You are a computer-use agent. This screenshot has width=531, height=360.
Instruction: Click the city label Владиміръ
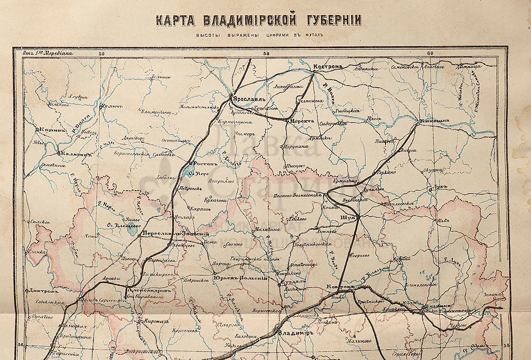(296, 333)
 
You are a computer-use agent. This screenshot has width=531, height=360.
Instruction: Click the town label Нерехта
(301, 121)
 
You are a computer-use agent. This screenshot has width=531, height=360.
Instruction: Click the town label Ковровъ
(340, 287)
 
